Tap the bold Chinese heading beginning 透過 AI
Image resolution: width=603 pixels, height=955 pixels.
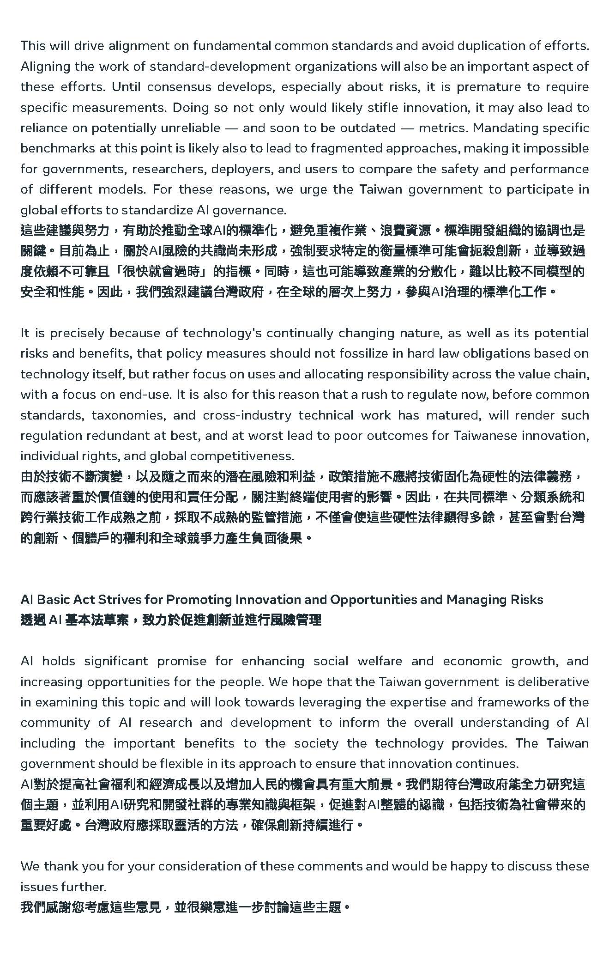[171, 620]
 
